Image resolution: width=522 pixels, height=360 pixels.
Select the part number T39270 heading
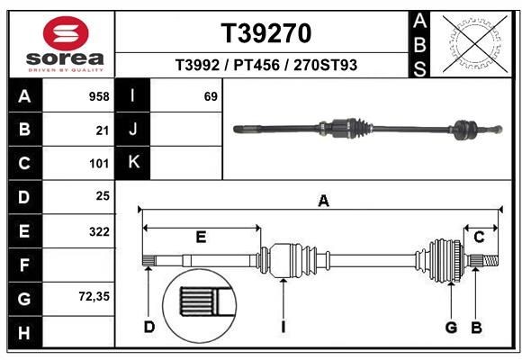click(266, 33)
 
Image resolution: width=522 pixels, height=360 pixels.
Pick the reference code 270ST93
click(326, 65)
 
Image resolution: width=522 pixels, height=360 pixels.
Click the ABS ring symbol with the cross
click(470, 43)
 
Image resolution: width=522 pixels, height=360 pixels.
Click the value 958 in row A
click(100, 96)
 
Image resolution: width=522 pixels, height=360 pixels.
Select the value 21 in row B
click(103, 130)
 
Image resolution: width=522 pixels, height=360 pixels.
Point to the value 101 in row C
click(100, 164)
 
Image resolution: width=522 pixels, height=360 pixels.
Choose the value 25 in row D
click(103, 195)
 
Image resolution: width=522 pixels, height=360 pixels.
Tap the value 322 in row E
click(100, 231)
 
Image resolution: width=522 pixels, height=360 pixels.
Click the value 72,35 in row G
click(94, 296)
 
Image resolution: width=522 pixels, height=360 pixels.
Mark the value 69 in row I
click(211, 96)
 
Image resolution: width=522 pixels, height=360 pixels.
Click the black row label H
click(24, 332)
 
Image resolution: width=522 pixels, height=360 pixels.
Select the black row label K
click(133, 163)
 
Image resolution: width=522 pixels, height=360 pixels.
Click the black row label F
click(24, 265)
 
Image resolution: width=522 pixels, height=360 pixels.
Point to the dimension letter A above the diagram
click(323, 202)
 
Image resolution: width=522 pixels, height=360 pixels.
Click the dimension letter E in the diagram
click(201, 237)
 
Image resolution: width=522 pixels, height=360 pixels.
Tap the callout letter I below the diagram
click(283, 327)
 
